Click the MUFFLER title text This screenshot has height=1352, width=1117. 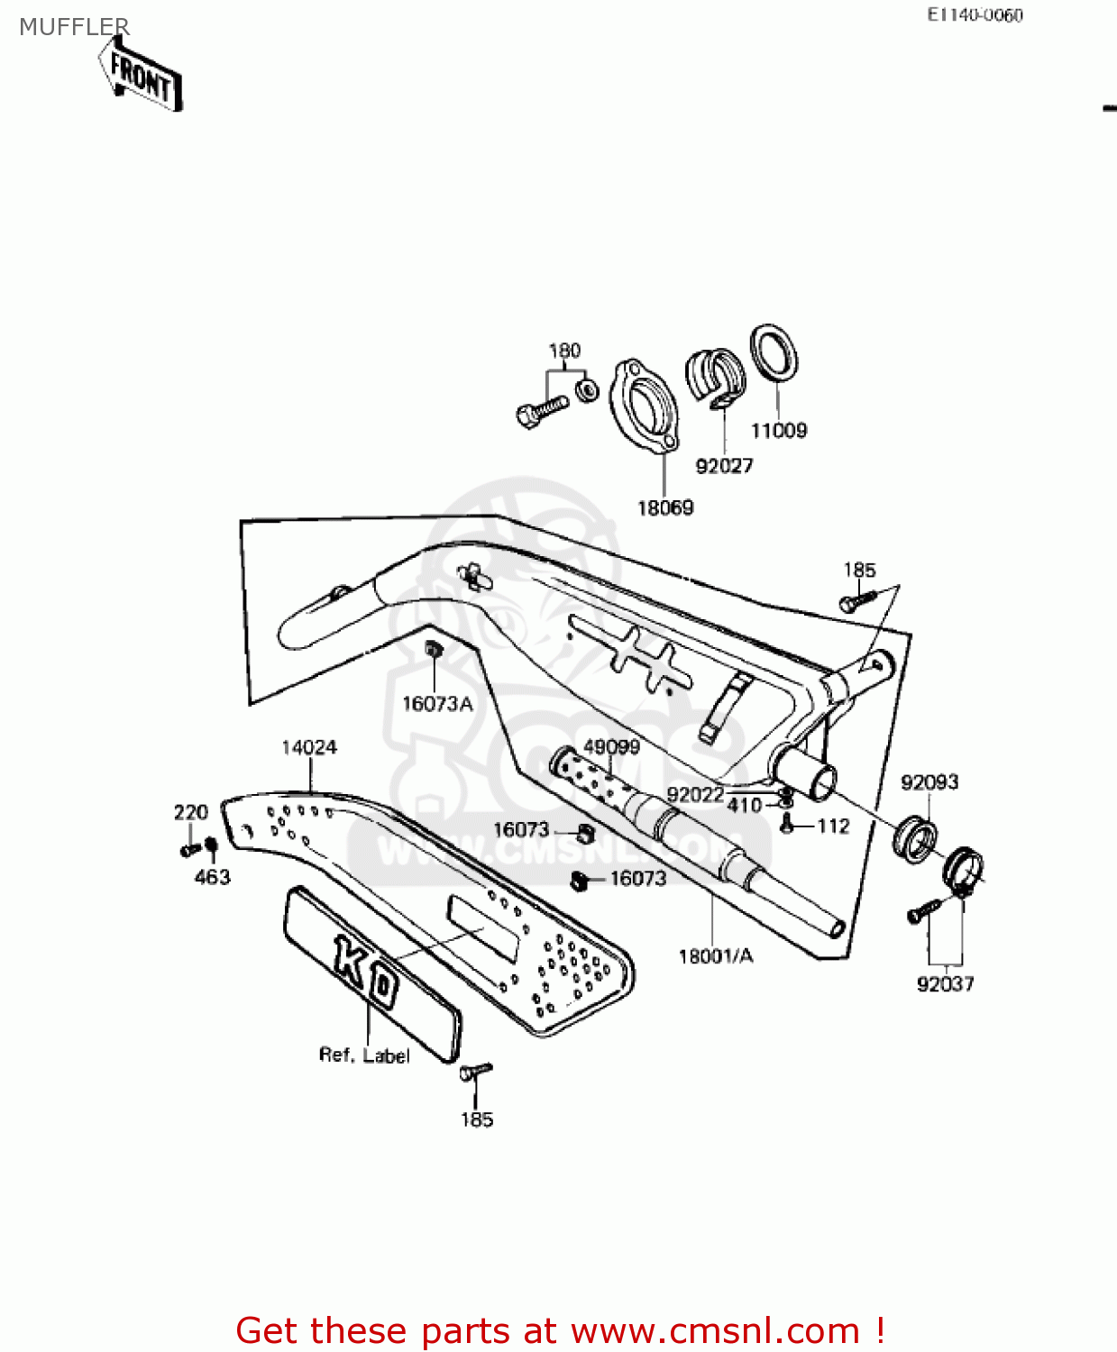pos(74,27)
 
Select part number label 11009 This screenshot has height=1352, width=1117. pos(779,431)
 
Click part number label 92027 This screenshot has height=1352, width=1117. pos(724,466)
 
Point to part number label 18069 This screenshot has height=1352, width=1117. pos(665,508)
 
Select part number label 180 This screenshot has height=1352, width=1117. pos(564,351)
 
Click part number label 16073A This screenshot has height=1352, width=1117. pos(437,704)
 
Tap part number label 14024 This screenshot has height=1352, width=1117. pos(309,747)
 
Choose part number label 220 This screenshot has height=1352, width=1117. pos(191,812)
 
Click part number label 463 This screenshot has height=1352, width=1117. pos(213,877)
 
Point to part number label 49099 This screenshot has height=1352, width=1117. pos(612,747)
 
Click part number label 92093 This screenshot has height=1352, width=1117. pos(929,782)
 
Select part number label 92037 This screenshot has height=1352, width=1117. pos(945,984)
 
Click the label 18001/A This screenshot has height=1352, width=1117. pos(716,956)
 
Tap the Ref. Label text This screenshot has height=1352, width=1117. pos(364,1055)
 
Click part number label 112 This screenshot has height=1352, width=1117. pos(833,826)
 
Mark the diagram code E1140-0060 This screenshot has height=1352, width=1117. pos(975,15)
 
